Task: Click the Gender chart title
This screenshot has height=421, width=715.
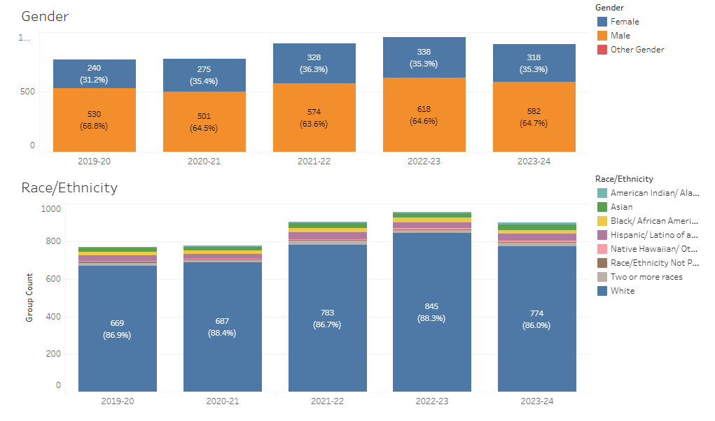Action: pos(45,16)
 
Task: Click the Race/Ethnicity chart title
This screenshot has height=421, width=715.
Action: pos(69,187)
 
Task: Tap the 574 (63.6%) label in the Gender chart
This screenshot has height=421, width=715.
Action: pos(314,117)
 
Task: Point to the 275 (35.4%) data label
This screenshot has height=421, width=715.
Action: pos(204,76)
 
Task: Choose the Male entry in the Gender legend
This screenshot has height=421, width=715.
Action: pos(620,36)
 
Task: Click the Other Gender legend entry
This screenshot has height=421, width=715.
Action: pos(637,50)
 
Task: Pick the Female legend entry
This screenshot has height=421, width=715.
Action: pos(624,22)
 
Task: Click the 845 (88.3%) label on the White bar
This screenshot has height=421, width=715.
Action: pos(432,312)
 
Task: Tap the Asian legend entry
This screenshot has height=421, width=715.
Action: pos(621,207)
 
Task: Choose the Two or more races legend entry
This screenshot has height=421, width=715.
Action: pos(646,277)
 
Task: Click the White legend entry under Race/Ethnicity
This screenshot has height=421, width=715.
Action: pos(622,291)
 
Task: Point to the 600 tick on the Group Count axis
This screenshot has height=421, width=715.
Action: pos(52,279)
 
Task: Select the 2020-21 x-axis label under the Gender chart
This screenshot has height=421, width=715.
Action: pos(204,162)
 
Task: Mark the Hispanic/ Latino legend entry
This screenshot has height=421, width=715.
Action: pos(653,235)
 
